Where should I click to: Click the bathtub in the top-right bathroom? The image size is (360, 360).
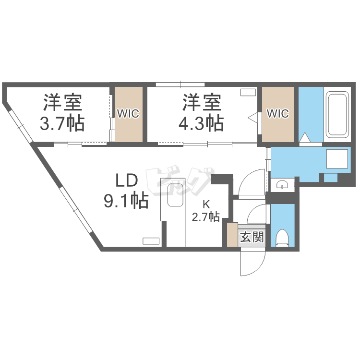tap(338, 114)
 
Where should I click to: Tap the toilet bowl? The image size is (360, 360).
tap(282, 238)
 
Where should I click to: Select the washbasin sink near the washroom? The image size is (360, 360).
tap(282, 184)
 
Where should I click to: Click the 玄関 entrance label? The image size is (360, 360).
tap(252, 237)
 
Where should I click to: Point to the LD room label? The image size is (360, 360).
tap(126, 181)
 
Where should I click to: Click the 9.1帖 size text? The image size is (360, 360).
tap(126, 200)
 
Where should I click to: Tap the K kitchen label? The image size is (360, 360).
tap(206, 203)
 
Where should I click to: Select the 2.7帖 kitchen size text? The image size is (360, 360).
tap(206, 217)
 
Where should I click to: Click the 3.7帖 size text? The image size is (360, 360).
tap(62, 124)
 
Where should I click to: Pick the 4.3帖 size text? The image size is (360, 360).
tap(201, 124)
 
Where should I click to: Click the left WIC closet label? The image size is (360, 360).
tap(128, 114)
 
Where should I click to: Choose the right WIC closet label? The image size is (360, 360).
tap(277, 114)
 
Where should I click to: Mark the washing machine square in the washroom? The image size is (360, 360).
tap(336, 159)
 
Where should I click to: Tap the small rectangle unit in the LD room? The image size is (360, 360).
tap(151, 240)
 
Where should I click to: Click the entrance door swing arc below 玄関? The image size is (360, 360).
tap(253, 263)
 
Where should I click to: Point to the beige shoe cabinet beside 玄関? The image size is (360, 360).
tap(232, 235)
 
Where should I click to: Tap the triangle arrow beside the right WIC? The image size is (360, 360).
tap(253, 115)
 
